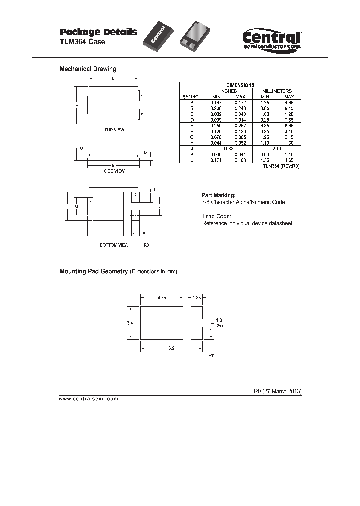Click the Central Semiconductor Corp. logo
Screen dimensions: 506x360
(271, 38)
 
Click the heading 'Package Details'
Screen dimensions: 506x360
(98, 32)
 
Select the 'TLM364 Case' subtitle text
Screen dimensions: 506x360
(82, 42)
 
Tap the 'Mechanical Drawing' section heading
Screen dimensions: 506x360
(88, 69)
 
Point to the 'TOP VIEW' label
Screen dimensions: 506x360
(114, 130)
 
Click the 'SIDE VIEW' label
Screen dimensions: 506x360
(114, 171)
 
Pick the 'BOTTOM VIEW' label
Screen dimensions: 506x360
(114, 245)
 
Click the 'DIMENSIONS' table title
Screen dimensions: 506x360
(240, 85)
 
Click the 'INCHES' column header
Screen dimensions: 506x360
(228, 91)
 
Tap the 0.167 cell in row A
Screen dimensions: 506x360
(216, 102)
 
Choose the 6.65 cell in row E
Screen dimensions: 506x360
(289, 126)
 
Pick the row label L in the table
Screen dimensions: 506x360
(191, 160)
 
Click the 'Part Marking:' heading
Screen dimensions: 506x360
(218, 195)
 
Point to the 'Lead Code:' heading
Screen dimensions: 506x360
(216, 216)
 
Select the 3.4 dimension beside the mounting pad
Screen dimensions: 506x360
(130, 324)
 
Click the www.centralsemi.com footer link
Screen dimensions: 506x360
(89, 399)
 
